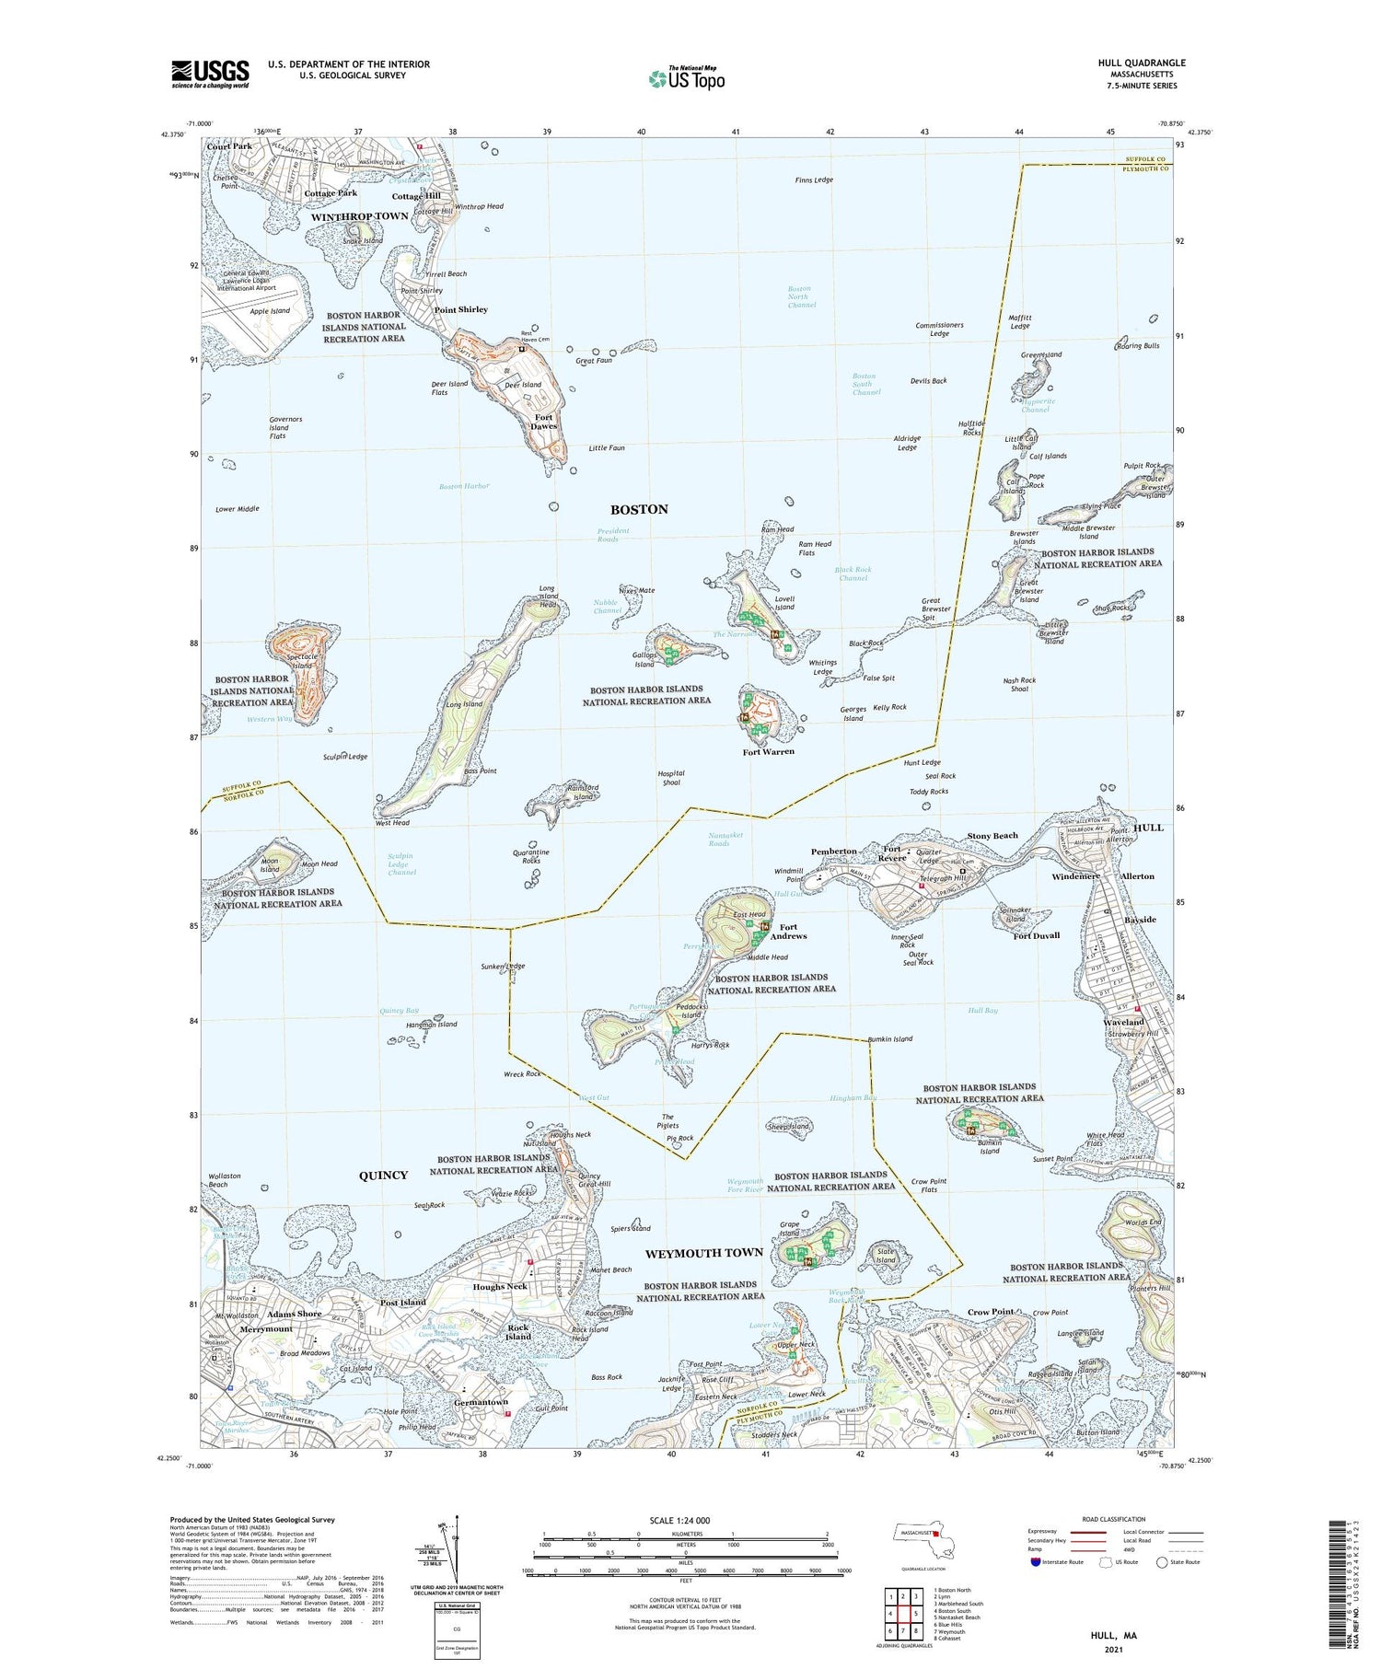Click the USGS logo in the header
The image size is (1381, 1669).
209,73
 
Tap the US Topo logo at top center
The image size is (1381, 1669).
686,78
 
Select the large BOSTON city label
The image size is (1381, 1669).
639,509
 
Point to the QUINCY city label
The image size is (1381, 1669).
383,1176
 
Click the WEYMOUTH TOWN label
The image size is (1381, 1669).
704,1253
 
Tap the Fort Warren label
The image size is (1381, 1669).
768,752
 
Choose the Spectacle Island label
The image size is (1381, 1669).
289,660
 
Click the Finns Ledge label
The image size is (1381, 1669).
814,180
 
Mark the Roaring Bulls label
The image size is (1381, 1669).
1138,345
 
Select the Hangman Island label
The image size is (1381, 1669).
431,1024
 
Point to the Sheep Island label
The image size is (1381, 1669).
788,1126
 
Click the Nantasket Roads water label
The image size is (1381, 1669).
732,839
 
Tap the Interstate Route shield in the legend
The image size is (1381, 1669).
1035,1561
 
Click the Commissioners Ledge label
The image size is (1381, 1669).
939,330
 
